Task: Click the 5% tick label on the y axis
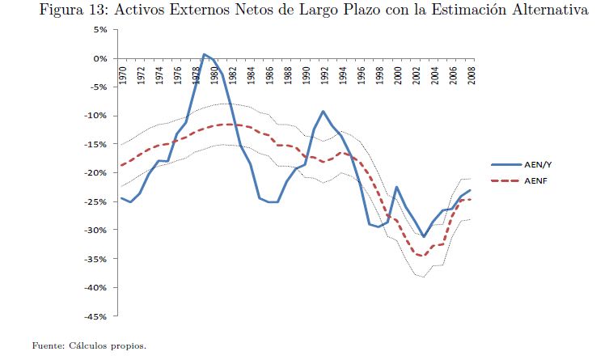click(x=101, y=30)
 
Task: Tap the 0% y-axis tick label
click(x=101, y=59)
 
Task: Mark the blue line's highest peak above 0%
click(x=205, y=54)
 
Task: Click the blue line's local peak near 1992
click(x=324, y=112)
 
